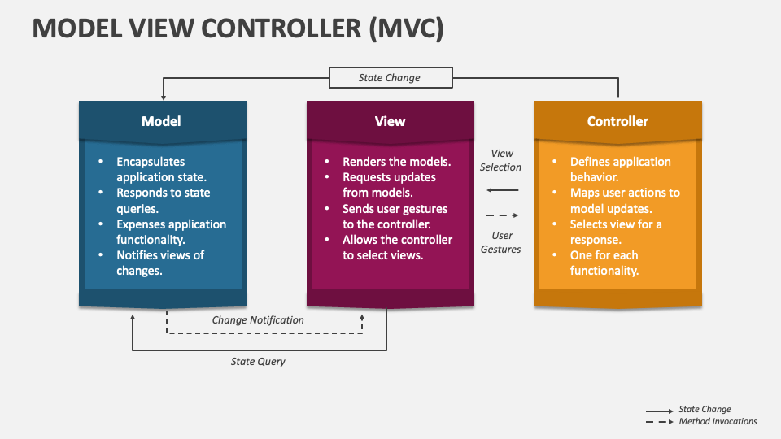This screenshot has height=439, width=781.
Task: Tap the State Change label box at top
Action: tap(390, 78)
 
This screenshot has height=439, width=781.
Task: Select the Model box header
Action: tap(163, 121)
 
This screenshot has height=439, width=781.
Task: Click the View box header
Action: tap(390, 121)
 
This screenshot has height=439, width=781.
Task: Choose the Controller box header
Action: tap(617, 121)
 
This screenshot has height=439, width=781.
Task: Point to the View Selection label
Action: tap(501, 160)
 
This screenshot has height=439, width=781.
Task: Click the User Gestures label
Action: tap(501, 242)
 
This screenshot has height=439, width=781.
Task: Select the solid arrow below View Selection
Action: tap(503, 190)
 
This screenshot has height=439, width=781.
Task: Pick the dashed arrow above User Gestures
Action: tap(503, 215)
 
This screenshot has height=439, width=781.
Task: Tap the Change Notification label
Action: tap(258, 320)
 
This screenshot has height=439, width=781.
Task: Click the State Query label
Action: tap(258, 362)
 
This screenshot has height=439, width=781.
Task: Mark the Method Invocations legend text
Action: tap(718, 422)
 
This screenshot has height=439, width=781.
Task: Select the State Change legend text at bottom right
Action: tap(705, 409)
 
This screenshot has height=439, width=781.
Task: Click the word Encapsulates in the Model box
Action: tap(151, 162)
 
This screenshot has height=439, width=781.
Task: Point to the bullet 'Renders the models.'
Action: tap(396, 162)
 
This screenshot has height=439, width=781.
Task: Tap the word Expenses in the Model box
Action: tap(139, 224)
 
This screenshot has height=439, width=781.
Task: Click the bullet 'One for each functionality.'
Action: tap(604, 263)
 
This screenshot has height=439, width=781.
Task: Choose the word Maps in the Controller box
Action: tap(583, 193)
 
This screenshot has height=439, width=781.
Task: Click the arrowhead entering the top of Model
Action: tap(164, 98)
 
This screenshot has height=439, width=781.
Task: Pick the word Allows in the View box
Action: tap(359, 240)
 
